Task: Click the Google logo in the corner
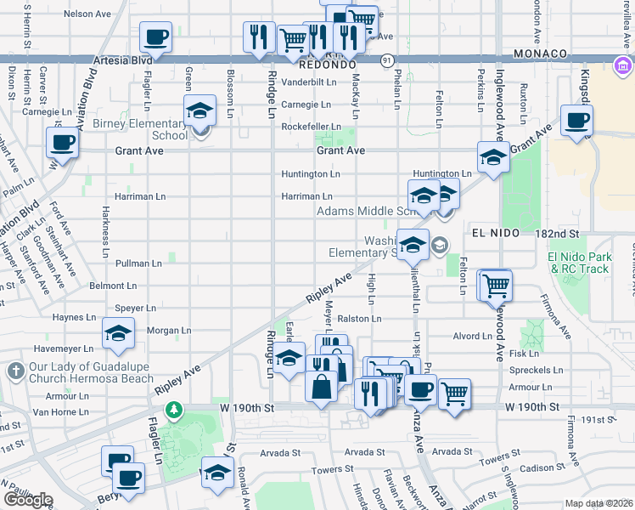28,499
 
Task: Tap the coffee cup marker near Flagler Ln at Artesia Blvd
156,38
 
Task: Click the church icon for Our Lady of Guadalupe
14,371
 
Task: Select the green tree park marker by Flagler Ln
174,411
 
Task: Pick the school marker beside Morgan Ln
118,335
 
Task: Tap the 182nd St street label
561,232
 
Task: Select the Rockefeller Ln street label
311,127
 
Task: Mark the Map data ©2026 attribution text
598,503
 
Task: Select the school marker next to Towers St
217,473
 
